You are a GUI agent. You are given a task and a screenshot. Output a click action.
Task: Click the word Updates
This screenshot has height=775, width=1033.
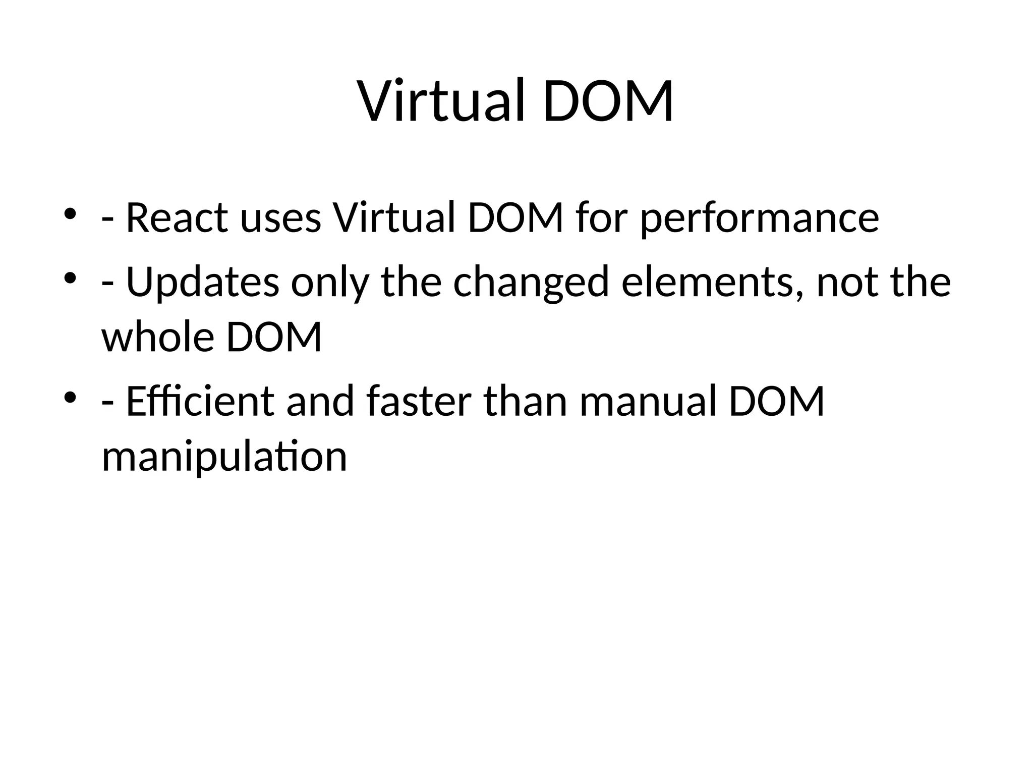tap(202, 283)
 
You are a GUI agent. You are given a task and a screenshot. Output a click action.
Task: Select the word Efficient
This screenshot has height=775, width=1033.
tap(200, 402)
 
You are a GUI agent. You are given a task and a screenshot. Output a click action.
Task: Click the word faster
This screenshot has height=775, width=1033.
tap(419, 402)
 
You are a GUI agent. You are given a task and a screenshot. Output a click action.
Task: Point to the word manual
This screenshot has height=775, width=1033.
tap(648, 402)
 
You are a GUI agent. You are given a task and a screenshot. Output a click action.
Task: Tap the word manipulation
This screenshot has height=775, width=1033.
tap(224, 457)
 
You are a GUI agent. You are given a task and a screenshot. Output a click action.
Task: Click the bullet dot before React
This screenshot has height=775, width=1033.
tap(70, 214)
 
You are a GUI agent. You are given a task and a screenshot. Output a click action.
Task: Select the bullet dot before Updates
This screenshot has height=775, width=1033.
tap(70, 278)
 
